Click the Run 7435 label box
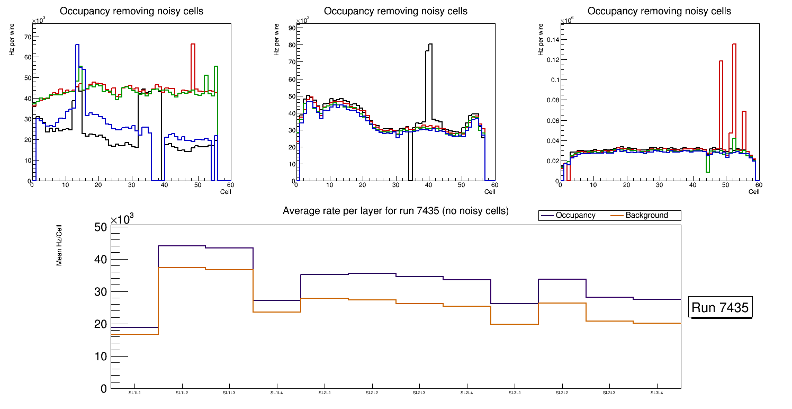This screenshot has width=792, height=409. click(x=720, y=308)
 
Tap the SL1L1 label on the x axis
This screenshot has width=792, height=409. click(x=135, y=393)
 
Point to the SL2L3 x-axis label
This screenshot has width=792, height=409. click(x=419, y=393)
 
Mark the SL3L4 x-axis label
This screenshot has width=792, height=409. click(x=656, y=393)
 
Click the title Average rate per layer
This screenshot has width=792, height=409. click(x=395, y=211)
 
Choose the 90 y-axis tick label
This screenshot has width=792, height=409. click(x=291, y=29)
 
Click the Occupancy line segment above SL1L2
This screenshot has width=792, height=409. click(x=182, y=246)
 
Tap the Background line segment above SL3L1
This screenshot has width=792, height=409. click(x=514, y=324)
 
